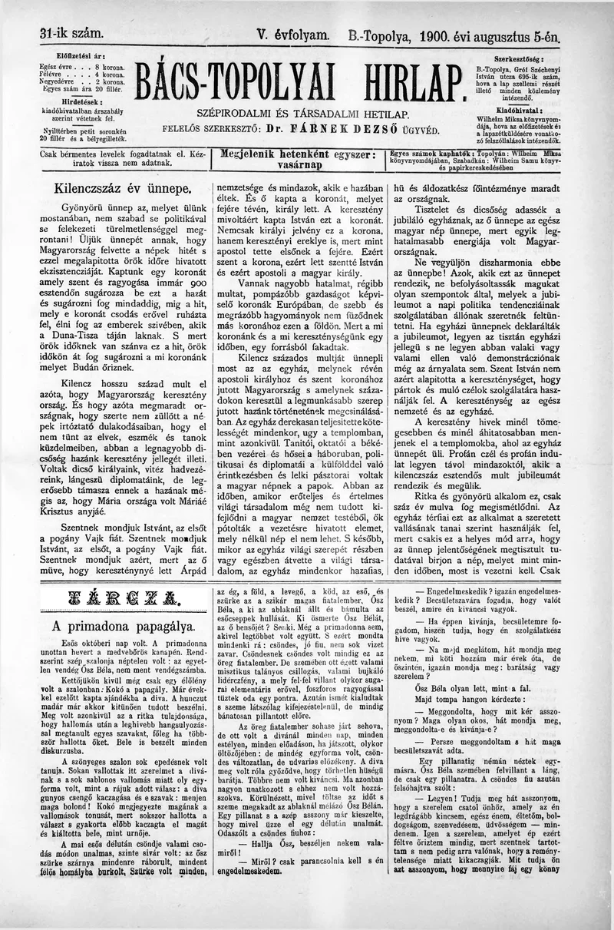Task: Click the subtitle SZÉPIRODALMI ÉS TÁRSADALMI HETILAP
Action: (x=302, y=114)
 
